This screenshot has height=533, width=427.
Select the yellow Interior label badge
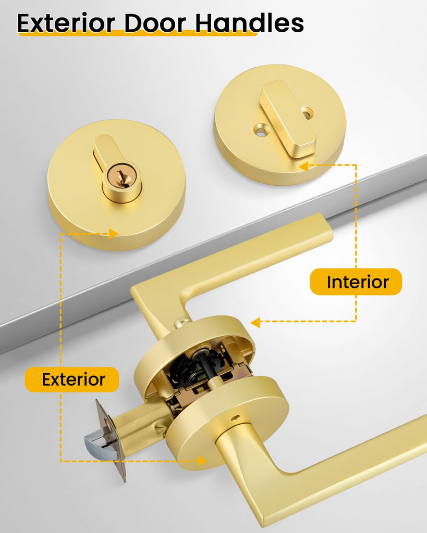(x=356, y=282)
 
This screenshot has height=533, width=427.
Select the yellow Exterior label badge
(x=72, y=379)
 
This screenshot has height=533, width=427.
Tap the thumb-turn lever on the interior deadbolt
(x=287, y=119)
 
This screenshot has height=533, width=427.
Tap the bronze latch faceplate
(x=111, y=440)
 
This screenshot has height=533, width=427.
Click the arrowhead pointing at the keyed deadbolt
(x=113, y=234)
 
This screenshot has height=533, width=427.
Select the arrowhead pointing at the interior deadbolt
(x=303, y=167)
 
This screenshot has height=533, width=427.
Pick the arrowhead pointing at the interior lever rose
(x=255, y=322)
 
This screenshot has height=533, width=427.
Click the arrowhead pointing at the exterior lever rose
(x=203, y=461)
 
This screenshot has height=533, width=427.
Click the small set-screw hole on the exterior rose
(x=236, y=418)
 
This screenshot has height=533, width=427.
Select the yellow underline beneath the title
(x=137, y=33)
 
